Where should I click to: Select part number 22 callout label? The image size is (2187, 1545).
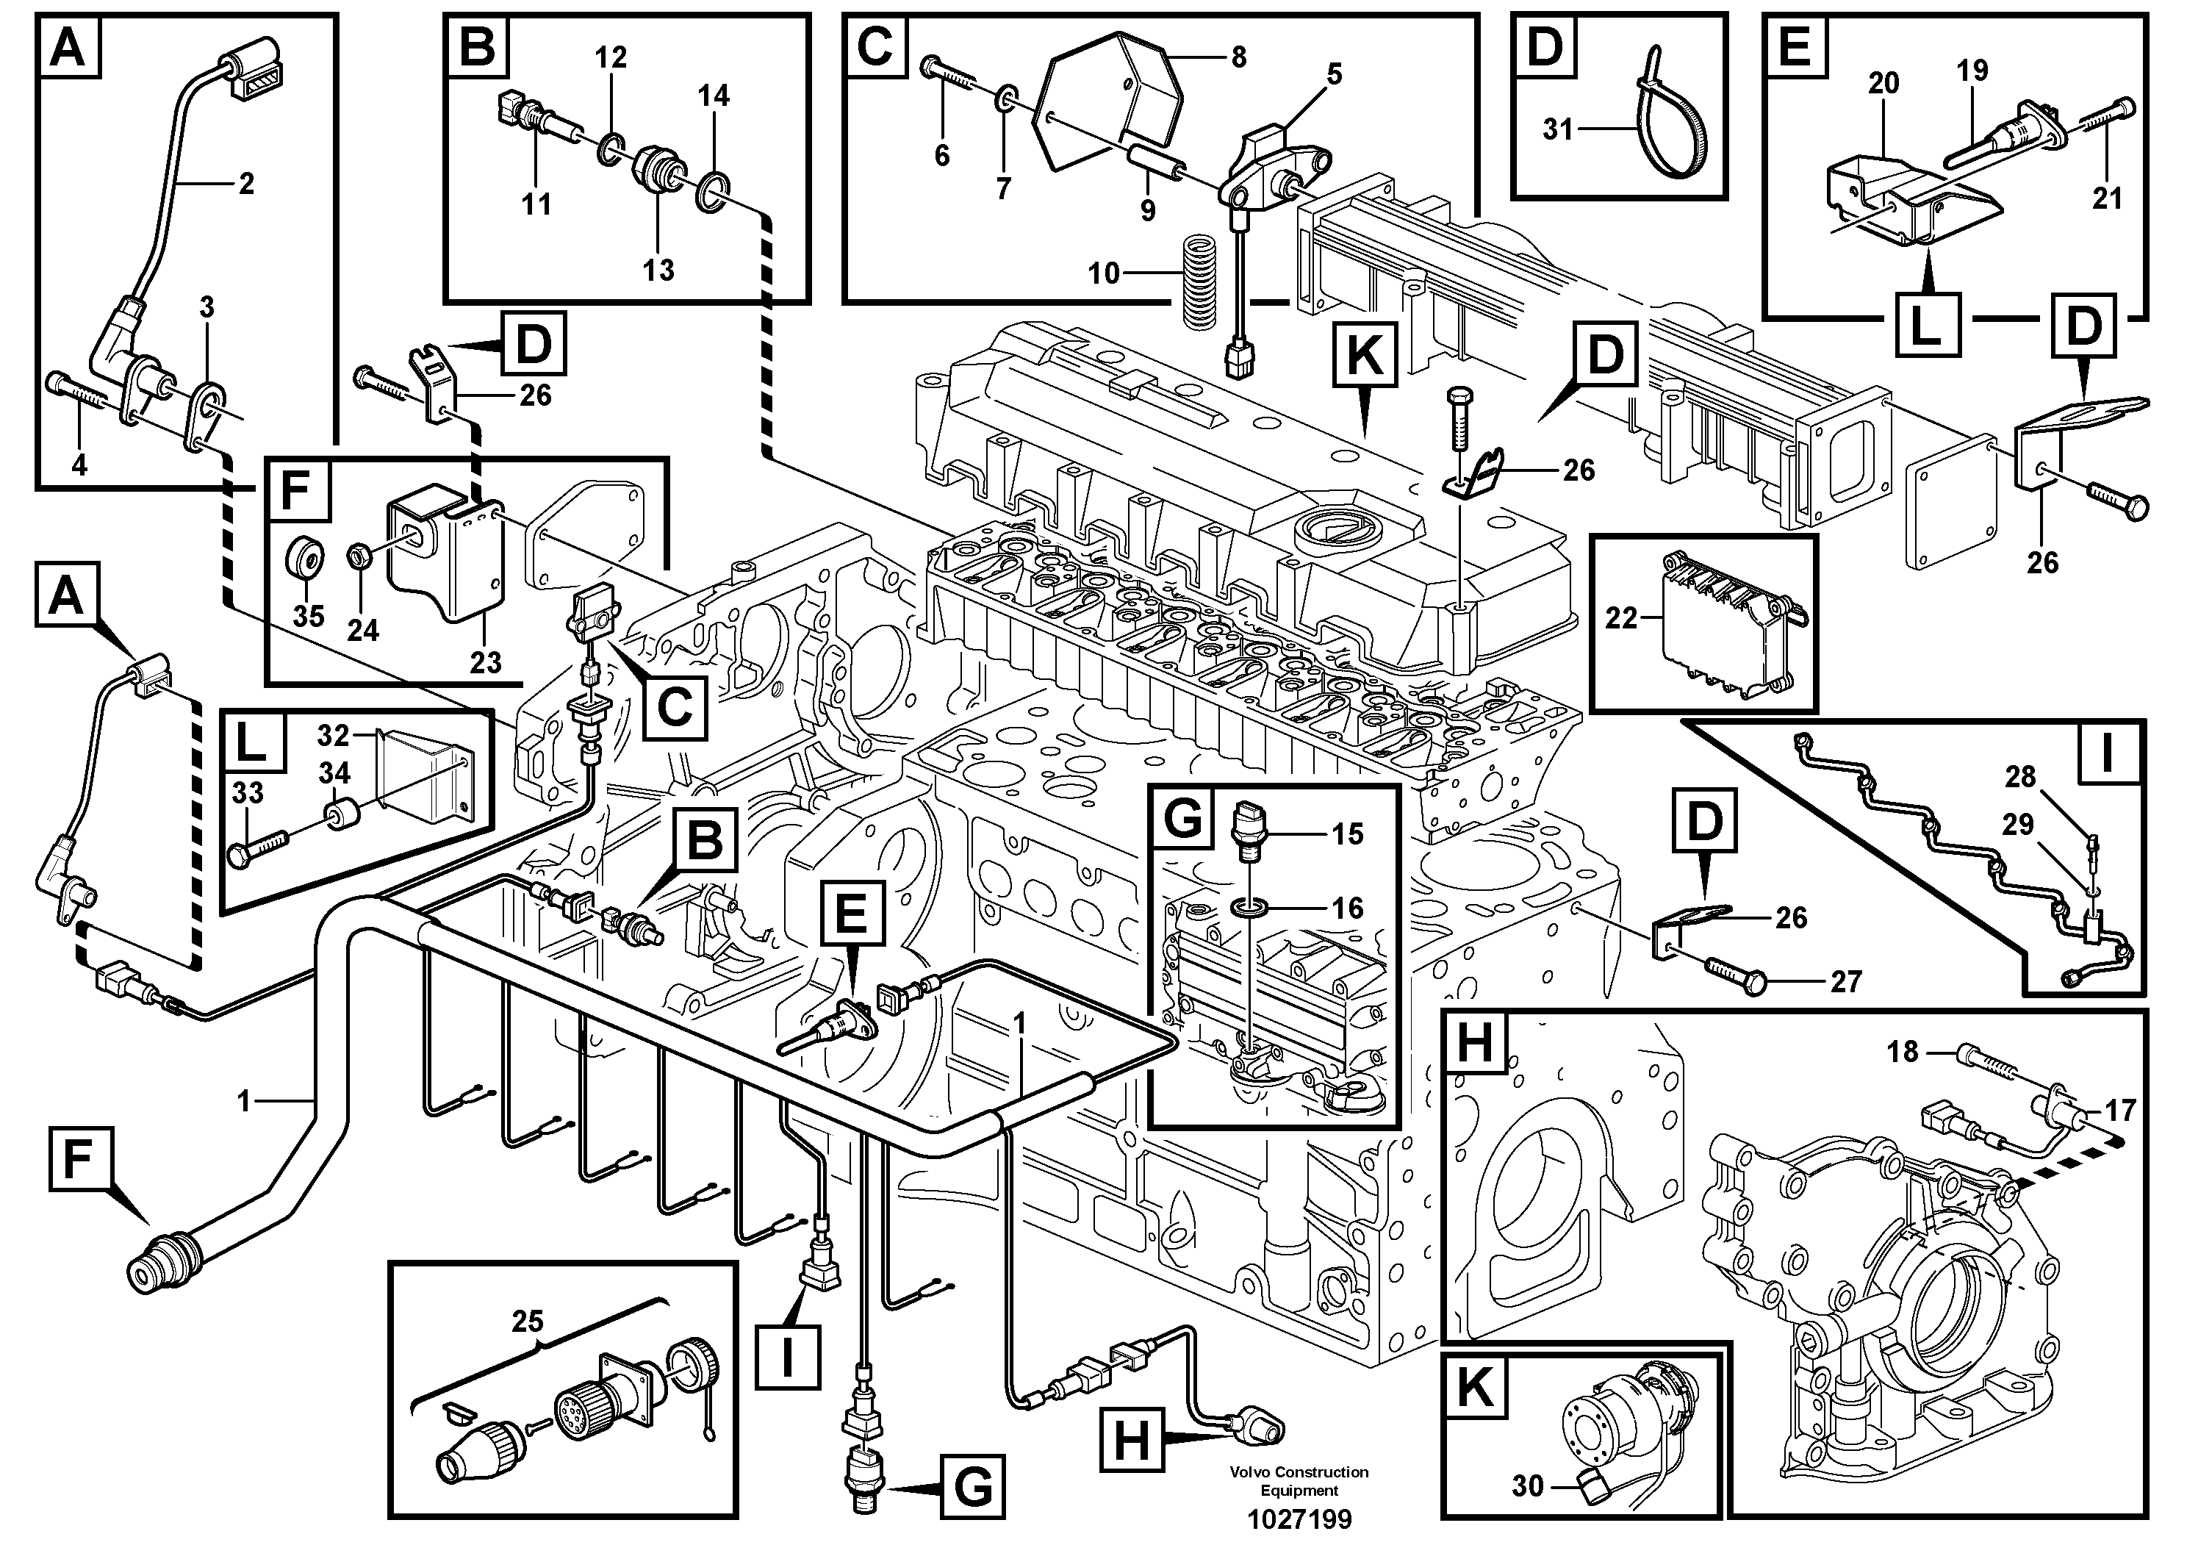[1620, 618]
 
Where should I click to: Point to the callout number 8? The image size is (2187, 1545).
[1238, 57]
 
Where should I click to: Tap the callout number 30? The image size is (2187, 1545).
[1527, 1486]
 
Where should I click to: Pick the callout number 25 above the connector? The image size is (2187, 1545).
[527, 1321]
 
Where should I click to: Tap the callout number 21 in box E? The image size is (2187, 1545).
[2107, 198]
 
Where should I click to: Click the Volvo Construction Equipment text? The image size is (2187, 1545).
[1299, 1481]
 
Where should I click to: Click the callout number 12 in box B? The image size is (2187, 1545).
[611, 57]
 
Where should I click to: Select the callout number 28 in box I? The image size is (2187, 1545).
[2020, 776]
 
